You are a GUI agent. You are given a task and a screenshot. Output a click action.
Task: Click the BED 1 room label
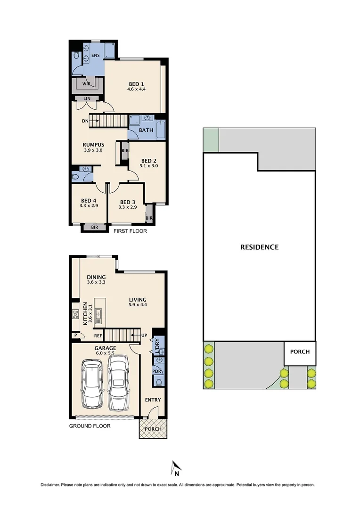(x=137, y=83)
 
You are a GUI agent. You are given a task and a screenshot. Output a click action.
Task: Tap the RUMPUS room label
(x=93, y=145)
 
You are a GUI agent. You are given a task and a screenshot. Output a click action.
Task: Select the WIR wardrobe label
(x=86, y=84)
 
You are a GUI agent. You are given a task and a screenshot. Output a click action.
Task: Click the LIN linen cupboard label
(x=87, y=99)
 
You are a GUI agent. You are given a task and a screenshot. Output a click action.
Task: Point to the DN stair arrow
(x=91, y=121)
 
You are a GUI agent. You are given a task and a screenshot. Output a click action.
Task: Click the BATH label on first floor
(x=146, y=130)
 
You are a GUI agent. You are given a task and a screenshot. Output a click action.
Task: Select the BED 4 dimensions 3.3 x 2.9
(x=89, y=206)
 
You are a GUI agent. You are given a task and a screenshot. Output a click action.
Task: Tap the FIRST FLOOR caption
(x=130, y=231)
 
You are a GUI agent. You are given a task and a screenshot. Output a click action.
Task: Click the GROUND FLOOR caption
(x=90, y=426)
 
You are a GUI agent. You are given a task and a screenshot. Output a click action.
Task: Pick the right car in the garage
(x=118, y=382)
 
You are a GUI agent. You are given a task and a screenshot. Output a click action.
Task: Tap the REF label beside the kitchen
(x=98, y=336)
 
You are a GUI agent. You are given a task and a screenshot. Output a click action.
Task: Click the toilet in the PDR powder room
(x=159, y=382)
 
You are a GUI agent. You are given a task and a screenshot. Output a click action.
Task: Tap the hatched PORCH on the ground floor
(x=153, y=429)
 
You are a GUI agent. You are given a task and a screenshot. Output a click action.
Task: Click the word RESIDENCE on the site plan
(x=260, y=247)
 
